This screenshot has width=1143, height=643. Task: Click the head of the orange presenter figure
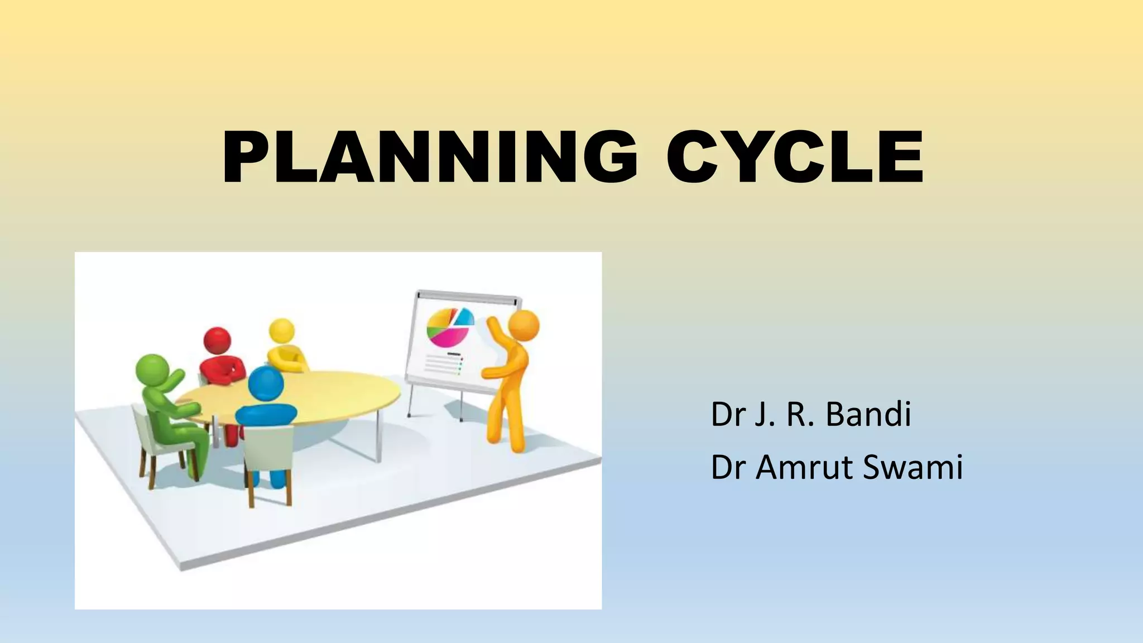pyautogui.click(x=524, y=326)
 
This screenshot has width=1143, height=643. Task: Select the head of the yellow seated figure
pyautogui.click(x=281, y=332)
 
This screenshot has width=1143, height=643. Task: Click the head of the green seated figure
pyautogui.click(x=152, y=369)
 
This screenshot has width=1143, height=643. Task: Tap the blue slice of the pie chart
pyautogui.click(x=464, y=318)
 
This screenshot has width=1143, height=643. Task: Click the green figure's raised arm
pyautogui.click(x=173, y=380)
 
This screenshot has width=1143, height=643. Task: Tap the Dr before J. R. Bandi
pyautogui.click(x=725, y=414)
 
